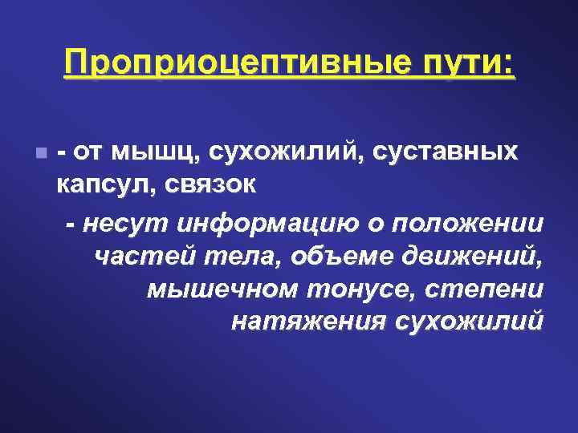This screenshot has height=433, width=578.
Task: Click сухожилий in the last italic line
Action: pyautogui.click(x=469, y=322)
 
